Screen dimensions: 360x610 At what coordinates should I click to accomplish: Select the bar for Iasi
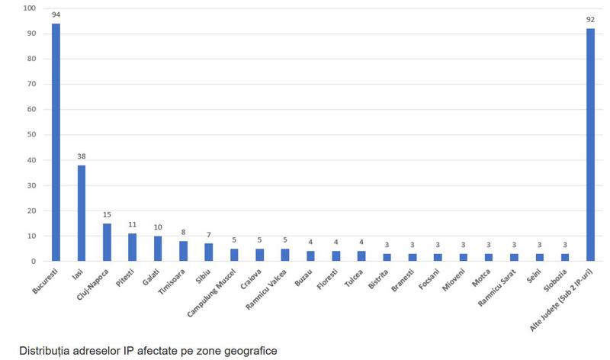[x=82, y=213]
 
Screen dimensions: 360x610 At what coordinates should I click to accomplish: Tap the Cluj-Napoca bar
[x=107, y=242]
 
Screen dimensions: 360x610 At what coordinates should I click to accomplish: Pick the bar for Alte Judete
[x=590, y=144]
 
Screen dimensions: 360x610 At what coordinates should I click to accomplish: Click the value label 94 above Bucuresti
[x=56, y=14]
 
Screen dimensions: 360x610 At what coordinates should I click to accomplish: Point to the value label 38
[x=82, y=156]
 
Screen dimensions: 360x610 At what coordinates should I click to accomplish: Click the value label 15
[x=107, y=214]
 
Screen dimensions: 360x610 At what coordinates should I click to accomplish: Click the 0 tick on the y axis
[x=33, y=262]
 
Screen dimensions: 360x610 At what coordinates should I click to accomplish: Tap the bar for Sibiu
[x=208, y=252]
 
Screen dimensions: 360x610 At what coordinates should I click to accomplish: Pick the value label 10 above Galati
[x=157, y=227]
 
